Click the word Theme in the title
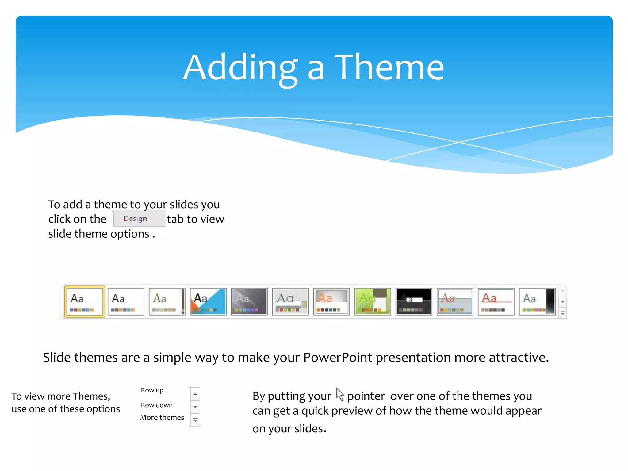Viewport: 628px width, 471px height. (x=389, y=67)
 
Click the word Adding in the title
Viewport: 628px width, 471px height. (x=240, y=67)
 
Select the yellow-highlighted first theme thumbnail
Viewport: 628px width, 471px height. (x=85, y=301)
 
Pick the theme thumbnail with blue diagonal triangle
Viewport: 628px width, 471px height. (x=208, y=301)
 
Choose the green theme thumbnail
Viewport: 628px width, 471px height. (x=373, y=301)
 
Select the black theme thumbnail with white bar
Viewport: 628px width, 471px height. (x=414, y=301)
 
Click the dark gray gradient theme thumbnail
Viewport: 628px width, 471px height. (x=249, y=301)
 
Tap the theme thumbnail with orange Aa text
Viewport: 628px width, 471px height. (x=331, y=301)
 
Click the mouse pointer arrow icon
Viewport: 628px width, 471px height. (x=339, y=394)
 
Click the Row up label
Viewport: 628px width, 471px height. (x=152, y=390)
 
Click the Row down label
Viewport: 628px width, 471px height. (x=156, y=405)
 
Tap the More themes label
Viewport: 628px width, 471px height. (x=162, y=418)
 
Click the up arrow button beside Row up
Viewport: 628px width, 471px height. (x=195, y=394)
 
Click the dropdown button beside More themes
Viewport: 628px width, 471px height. (x=195, y=420)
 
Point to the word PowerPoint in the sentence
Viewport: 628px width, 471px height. (x=337, y=358)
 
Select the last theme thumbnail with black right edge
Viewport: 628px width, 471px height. (x=537, y=301)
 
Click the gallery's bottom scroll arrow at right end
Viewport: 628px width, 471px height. (x=563, y=313)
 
